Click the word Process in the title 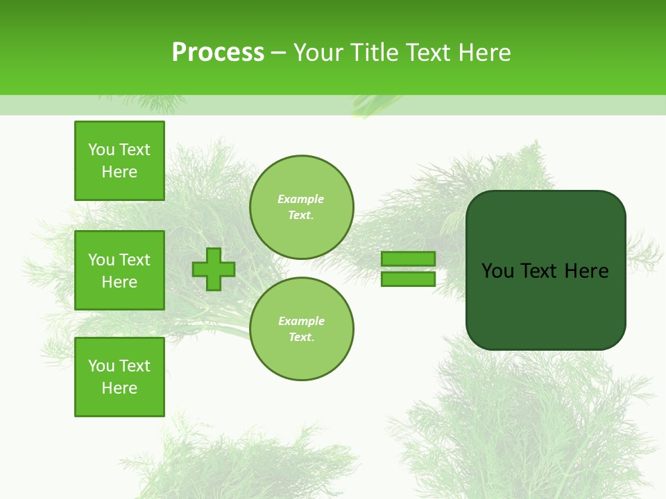coord(218,53)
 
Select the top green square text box coord(119,161)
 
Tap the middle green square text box coord(119,270)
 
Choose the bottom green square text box coord(119,377)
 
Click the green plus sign coord(214,269)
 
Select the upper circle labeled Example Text coord(301,207)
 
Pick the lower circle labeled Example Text coord(301,329)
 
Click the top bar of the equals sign coord(408,259)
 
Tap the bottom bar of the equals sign coord(408,279)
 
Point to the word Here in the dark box coord(586,271)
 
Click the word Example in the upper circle coord(301,199)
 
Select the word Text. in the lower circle coord(301,338)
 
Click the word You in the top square coord(101,150)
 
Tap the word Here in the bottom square coord(119,388)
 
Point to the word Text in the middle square coord(134,260)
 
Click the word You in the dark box coord(497,271)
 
